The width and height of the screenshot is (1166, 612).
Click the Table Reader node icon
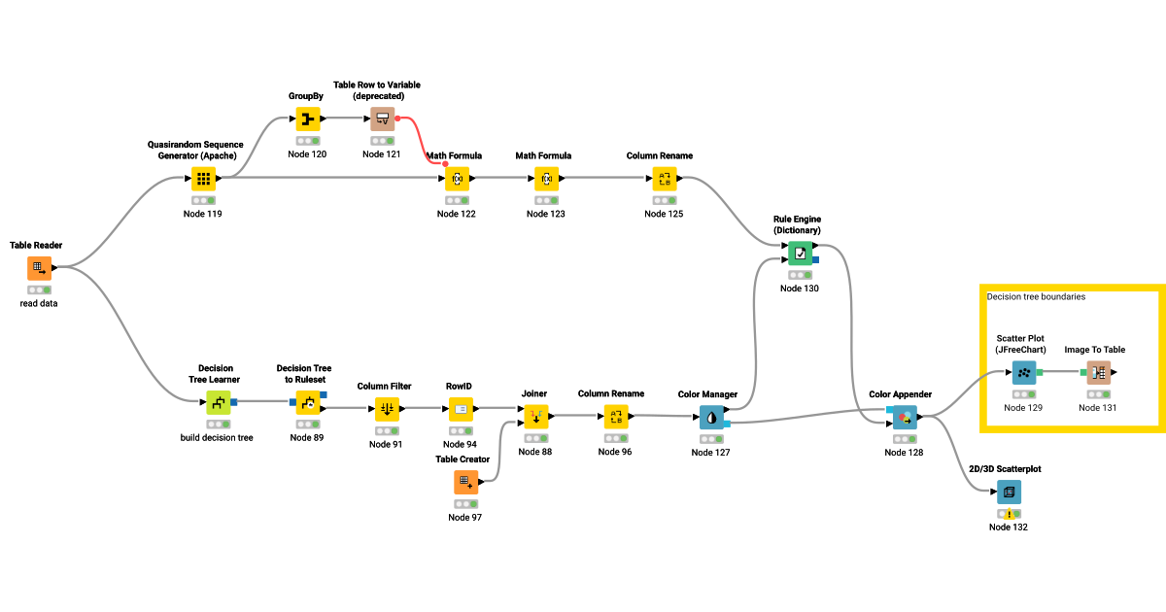pyautogui.click(x=39, y=268)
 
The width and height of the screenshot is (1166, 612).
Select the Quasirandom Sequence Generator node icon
pyautogui.click(x=202, y=179)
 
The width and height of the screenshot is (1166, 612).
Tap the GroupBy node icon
pyautogui.click(x=307, y=119)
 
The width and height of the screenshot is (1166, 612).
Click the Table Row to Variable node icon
pyautogui.click(x=382, y=119)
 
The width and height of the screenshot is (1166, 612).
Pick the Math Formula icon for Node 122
pyautogui.click(x=457, y=179)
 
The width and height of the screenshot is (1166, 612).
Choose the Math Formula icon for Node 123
pyautogui.click(x=546, y=179)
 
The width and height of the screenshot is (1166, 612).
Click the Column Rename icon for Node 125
pyautogui.click(x=665, y=179)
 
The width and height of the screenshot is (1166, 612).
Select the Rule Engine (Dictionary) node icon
pyautogui.click(x=799, y=254)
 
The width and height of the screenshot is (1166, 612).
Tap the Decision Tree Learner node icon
pyautogui.click(x=219, y=402)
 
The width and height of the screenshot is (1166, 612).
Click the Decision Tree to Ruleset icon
pyautogui.click(x=308, y=402)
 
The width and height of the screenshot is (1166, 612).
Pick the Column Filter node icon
pyautogui.click(x=386, y=409)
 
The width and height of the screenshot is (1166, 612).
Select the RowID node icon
pyautogui.click(x=461, y=409)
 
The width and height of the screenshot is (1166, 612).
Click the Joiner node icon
pyautogui.click(x=535, y=417)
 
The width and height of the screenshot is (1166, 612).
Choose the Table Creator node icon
pyautogui.click(x=465, y=482)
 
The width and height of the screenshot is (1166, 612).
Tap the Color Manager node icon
pyautogui.click(x=712, y=418)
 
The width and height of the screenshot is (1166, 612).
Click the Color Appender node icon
pyautogui.click(x=905, y=418)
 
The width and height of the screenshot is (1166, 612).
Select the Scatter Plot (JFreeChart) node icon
pyautogui.click(x=1023, y=372)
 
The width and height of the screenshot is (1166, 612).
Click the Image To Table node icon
pyautogui.click(x=1098, y=372)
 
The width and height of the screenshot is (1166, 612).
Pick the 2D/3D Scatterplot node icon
pyautogui.click(x=1009, y=492)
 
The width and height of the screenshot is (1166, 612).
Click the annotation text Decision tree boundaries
pyautogui.click(x=1036, y=296)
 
